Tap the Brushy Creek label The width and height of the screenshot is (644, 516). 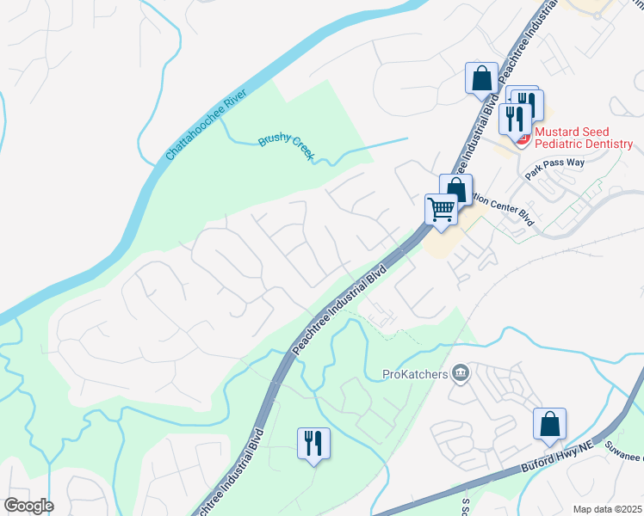288,147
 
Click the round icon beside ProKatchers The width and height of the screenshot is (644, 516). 461,372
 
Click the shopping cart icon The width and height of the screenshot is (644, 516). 441,209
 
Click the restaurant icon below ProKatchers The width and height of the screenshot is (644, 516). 313,443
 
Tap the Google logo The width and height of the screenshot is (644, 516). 28,506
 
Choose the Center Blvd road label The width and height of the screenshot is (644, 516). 501,206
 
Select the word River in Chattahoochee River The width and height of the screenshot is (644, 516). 232,106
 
